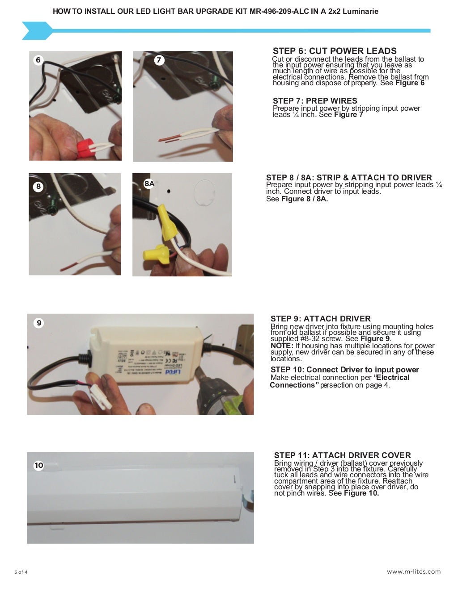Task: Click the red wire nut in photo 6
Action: click(x=85, y=146)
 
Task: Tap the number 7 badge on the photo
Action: click(x=159, y=60)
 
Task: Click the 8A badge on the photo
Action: click(x=149, y=183)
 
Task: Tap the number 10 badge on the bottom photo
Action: click(x=39, y=465)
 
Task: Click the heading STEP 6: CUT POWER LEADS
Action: click(x=335, y=51)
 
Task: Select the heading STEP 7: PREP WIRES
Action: click(x=315, y=101)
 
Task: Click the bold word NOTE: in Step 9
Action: click(x=282, y=346)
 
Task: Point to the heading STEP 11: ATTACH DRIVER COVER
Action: click(x=342, y=455)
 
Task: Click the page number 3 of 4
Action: click(x=21, y=572)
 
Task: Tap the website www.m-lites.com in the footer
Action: click(x=413, y=571)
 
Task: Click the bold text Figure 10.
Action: click(x=361, y=493)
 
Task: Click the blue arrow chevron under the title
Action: click(x=37, y=31)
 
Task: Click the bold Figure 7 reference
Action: click(x=348, y=115)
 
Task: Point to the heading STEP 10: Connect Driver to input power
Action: click(x=344, y=370)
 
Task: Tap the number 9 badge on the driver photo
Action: click(x=39, y=323)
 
